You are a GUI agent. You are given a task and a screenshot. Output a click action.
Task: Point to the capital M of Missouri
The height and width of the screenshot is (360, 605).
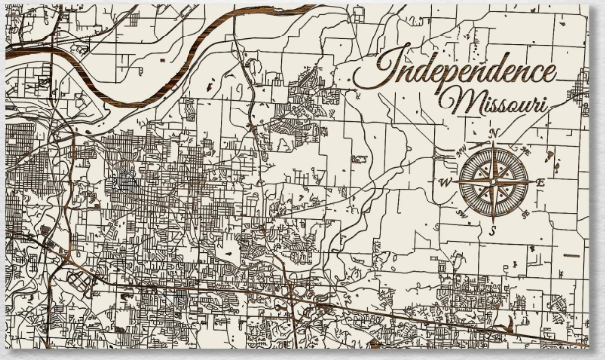coord(458,100)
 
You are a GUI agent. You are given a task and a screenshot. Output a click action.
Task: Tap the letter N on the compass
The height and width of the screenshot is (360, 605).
coord(492,134)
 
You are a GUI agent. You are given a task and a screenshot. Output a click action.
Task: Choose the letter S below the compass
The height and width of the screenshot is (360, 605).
coord(492,229)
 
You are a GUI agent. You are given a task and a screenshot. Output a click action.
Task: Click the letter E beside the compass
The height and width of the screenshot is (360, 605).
coord(540,182)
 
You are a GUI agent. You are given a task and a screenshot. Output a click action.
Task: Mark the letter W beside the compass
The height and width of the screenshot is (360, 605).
coord(444,182)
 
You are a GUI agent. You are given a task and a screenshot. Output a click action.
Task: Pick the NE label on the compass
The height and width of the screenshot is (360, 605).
coord(525,151)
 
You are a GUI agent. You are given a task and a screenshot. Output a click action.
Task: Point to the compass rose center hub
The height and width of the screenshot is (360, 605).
coord(492,181)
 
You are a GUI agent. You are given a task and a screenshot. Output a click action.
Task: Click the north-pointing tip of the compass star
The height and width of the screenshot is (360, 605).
coord(492,144)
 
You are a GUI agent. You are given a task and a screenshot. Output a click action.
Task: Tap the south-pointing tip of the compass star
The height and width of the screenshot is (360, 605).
coord(492,219)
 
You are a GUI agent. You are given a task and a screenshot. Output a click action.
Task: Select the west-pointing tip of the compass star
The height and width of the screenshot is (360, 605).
coord(454,181)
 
